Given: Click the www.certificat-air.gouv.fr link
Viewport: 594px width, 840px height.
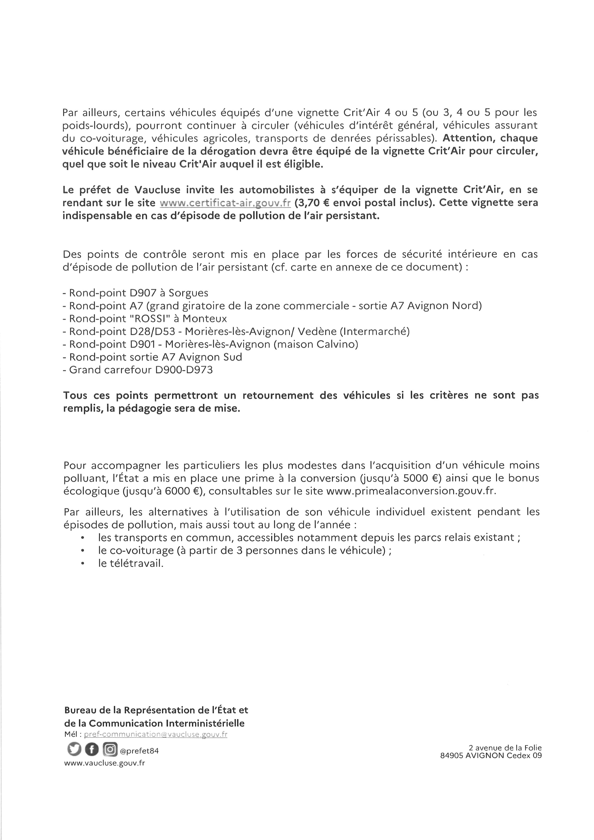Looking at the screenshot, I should click(x=225, y=203).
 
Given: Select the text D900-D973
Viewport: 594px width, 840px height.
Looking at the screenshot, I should click(x=184, y=370).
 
